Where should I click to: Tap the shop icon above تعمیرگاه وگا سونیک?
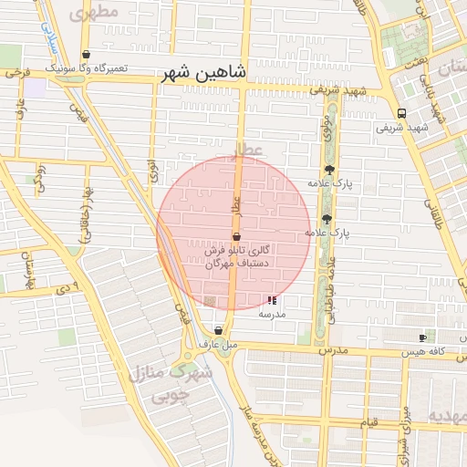85,54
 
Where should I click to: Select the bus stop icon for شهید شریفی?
401,113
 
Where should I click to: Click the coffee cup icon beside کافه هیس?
422,337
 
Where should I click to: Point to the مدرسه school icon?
272,300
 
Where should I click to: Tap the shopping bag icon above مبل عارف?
217,329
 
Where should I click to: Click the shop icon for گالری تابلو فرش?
236,237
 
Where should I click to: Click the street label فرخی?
19,70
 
